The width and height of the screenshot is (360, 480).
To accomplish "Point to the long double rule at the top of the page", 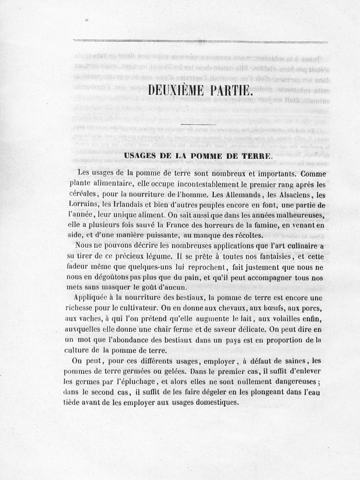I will (200, 41).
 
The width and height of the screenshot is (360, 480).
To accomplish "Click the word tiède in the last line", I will (73, 402).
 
